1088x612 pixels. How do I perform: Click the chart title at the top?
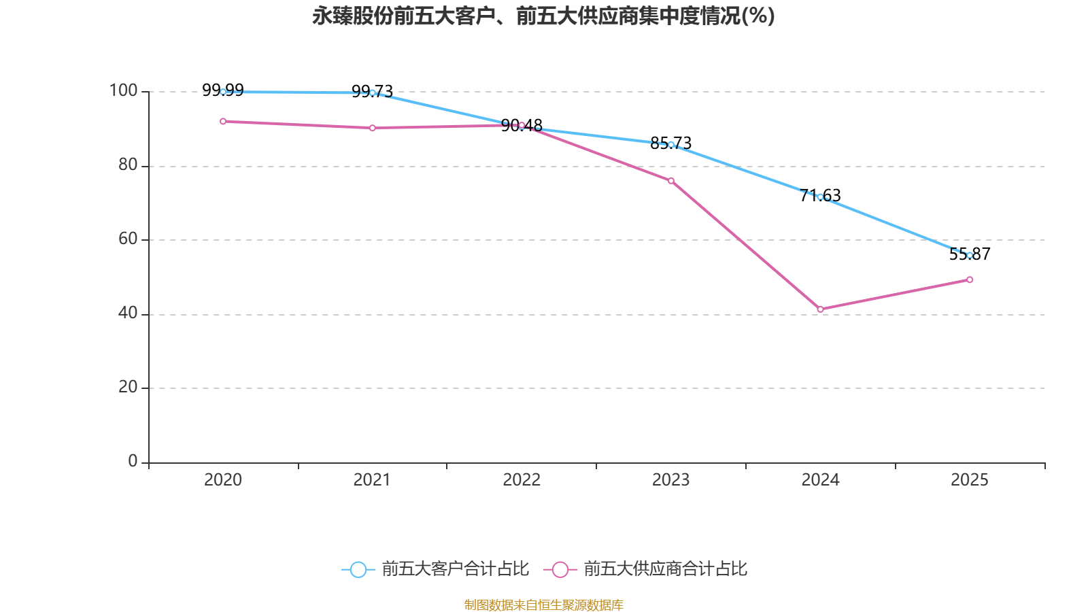[543, 16]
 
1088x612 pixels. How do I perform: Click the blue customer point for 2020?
[223, 92]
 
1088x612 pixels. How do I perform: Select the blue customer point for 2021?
[372, 92]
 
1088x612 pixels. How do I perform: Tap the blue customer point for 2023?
[671, 144]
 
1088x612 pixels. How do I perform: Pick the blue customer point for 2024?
[820, 197]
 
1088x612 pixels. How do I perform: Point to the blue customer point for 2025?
[970, 255]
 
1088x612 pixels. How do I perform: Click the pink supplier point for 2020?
[223, 121]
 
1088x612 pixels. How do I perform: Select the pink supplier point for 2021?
[372, 128]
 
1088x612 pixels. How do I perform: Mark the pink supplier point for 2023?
[671, 181]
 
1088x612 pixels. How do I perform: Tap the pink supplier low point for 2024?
[820, 309]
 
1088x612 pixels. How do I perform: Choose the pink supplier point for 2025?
[970, 279]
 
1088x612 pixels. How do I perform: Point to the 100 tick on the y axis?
[123, 90]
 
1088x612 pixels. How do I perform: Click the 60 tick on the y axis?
[128, 239]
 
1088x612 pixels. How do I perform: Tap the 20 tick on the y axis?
[128, 387]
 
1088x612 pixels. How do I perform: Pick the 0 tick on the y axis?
[133, 461]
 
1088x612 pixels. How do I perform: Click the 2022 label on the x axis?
[522, 480]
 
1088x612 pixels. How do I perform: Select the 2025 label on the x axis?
[970, 480]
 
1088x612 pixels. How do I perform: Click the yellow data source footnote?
[543, 605]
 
